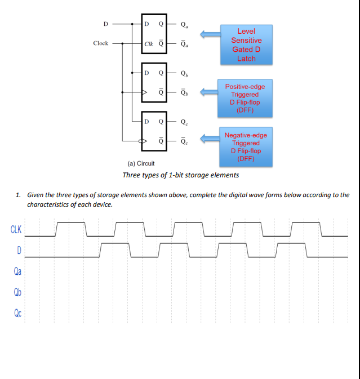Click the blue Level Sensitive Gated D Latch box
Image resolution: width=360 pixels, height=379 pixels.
(x=246, y=44)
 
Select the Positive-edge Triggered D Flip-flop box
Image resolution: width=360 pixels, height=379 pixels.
(x=245, y=98)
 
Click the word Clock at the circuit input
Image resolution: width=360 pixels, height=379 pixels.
(x=101, y=43)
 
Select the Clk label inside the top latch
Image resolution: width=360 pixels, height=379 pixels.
(x=149, y=43)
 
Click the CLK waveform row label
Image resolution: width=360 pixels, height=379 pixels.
(x=16, y=229)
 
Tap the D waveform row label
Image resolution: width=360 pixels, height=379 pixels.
(x=19, y=250)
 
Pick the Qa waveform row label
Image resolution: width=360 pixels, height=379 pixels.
(x=17, y=271)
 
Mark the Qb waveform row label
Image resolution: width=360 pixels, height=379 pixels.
(x=17, y=292)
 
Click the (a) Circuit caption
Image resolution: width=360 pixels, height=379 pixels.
(x=141, y=164)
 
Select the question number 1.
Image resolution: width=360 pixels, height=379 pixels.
(x=18, y=195)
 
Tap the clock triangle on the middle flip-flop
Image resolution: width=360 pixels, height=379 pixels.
(x=144, y=92)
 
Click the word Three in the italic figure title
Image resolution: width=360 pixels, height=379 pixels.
(x=131, y=175)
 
